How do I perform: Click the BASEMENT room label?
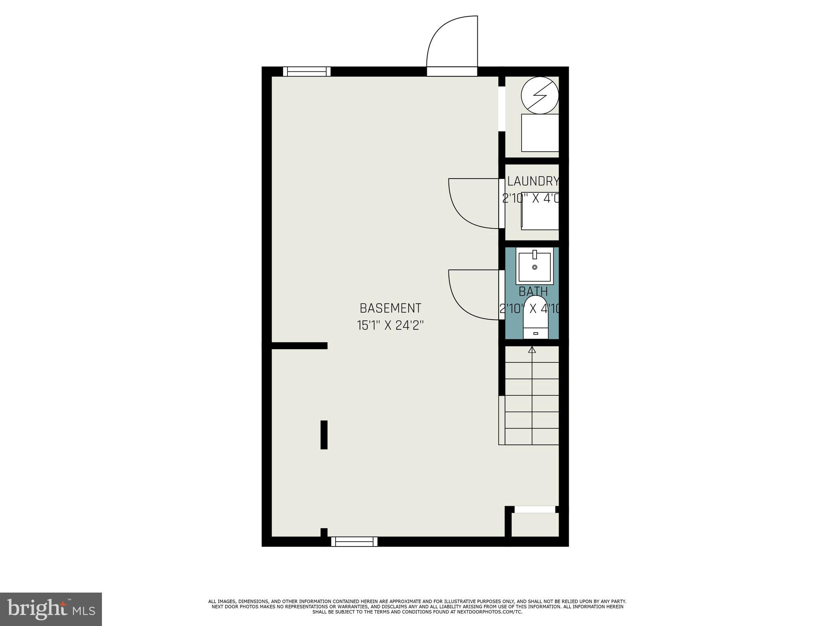pyautogui.click(x=390, y=308)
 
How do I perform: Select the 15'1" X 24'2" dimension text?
pyautogui.click(x=390, y=326)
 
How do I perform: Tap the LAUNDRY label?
pyautogui.click(x=532, y=181)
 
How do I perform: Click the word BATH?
pyautogui.click(x=533, y=292)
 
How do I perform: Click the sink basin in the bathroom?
pyautogui.click(x=535, y=267)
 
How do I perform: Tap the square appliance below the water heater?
pyautogui.click(x=540, y=133)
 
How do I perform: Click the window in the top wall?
pyautogui.click(x=307, y=72)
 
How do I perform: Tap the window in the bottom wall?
pyautogui.click(x=354, y=542)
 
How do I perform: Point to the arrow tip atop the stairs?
pyautogui.click(x=532, y=349)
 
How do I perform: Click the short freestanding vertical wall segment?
pyautogui.click(x=324, y=435)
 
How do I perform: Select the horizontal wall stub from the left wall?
pyautogui.click(x=300, y=346)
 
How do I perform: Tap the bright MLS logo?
pyautogui.click(x=51, y=609)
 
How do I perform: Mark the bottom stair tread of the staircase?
pyautogui.click(x=532, y=436)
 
